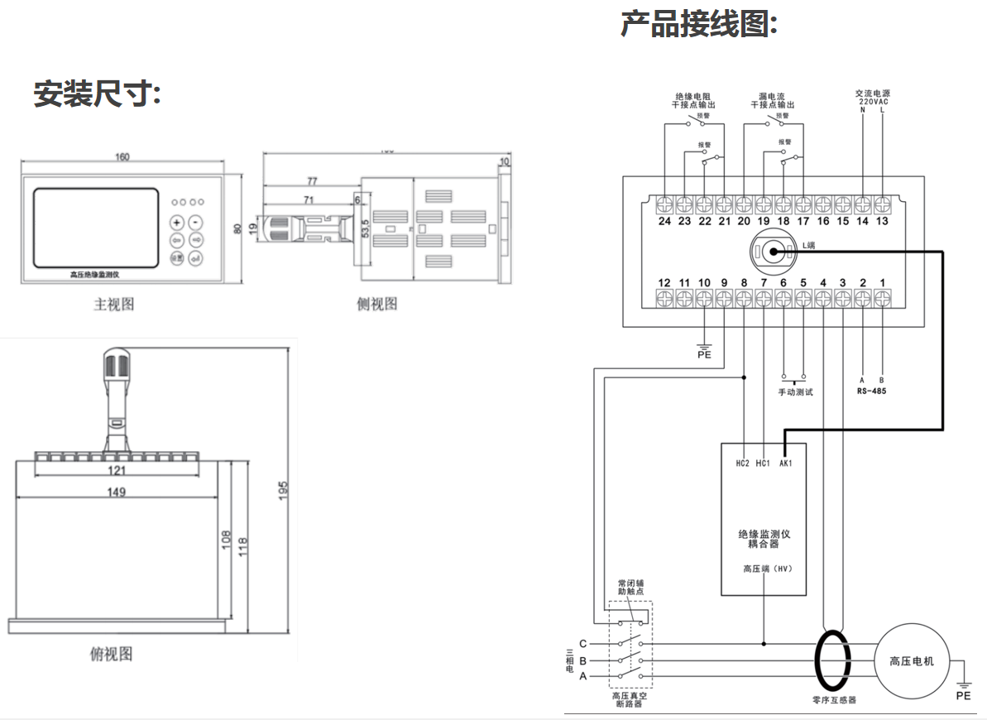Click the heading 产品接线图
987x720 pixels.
[x=699, y=24]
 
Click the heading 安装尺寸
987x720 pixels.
[x=97, y=94]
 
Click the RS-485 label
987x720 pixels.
[x=871, y=391]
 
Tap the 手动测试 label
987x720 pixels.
[x=795, y=391]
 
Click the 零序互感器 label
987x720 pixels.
[x=834, y=700]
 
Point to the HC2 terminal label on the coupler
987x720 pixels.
[x=743, y=463]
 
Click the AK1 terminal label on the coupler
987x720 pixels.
[x=785, y=463]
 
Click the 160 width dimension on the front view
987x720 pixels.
[x=122, y=158]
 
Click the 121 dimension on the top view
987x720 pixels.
[x=117, y=471]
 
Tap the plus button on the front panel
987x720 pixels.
[x=176, y=223]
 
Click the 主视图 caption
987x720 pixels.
[x=113, y=304]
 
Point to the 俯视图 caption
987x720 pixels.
[x=111, y=654]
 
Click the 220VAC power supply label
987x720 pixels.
[x=873, y=101]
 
